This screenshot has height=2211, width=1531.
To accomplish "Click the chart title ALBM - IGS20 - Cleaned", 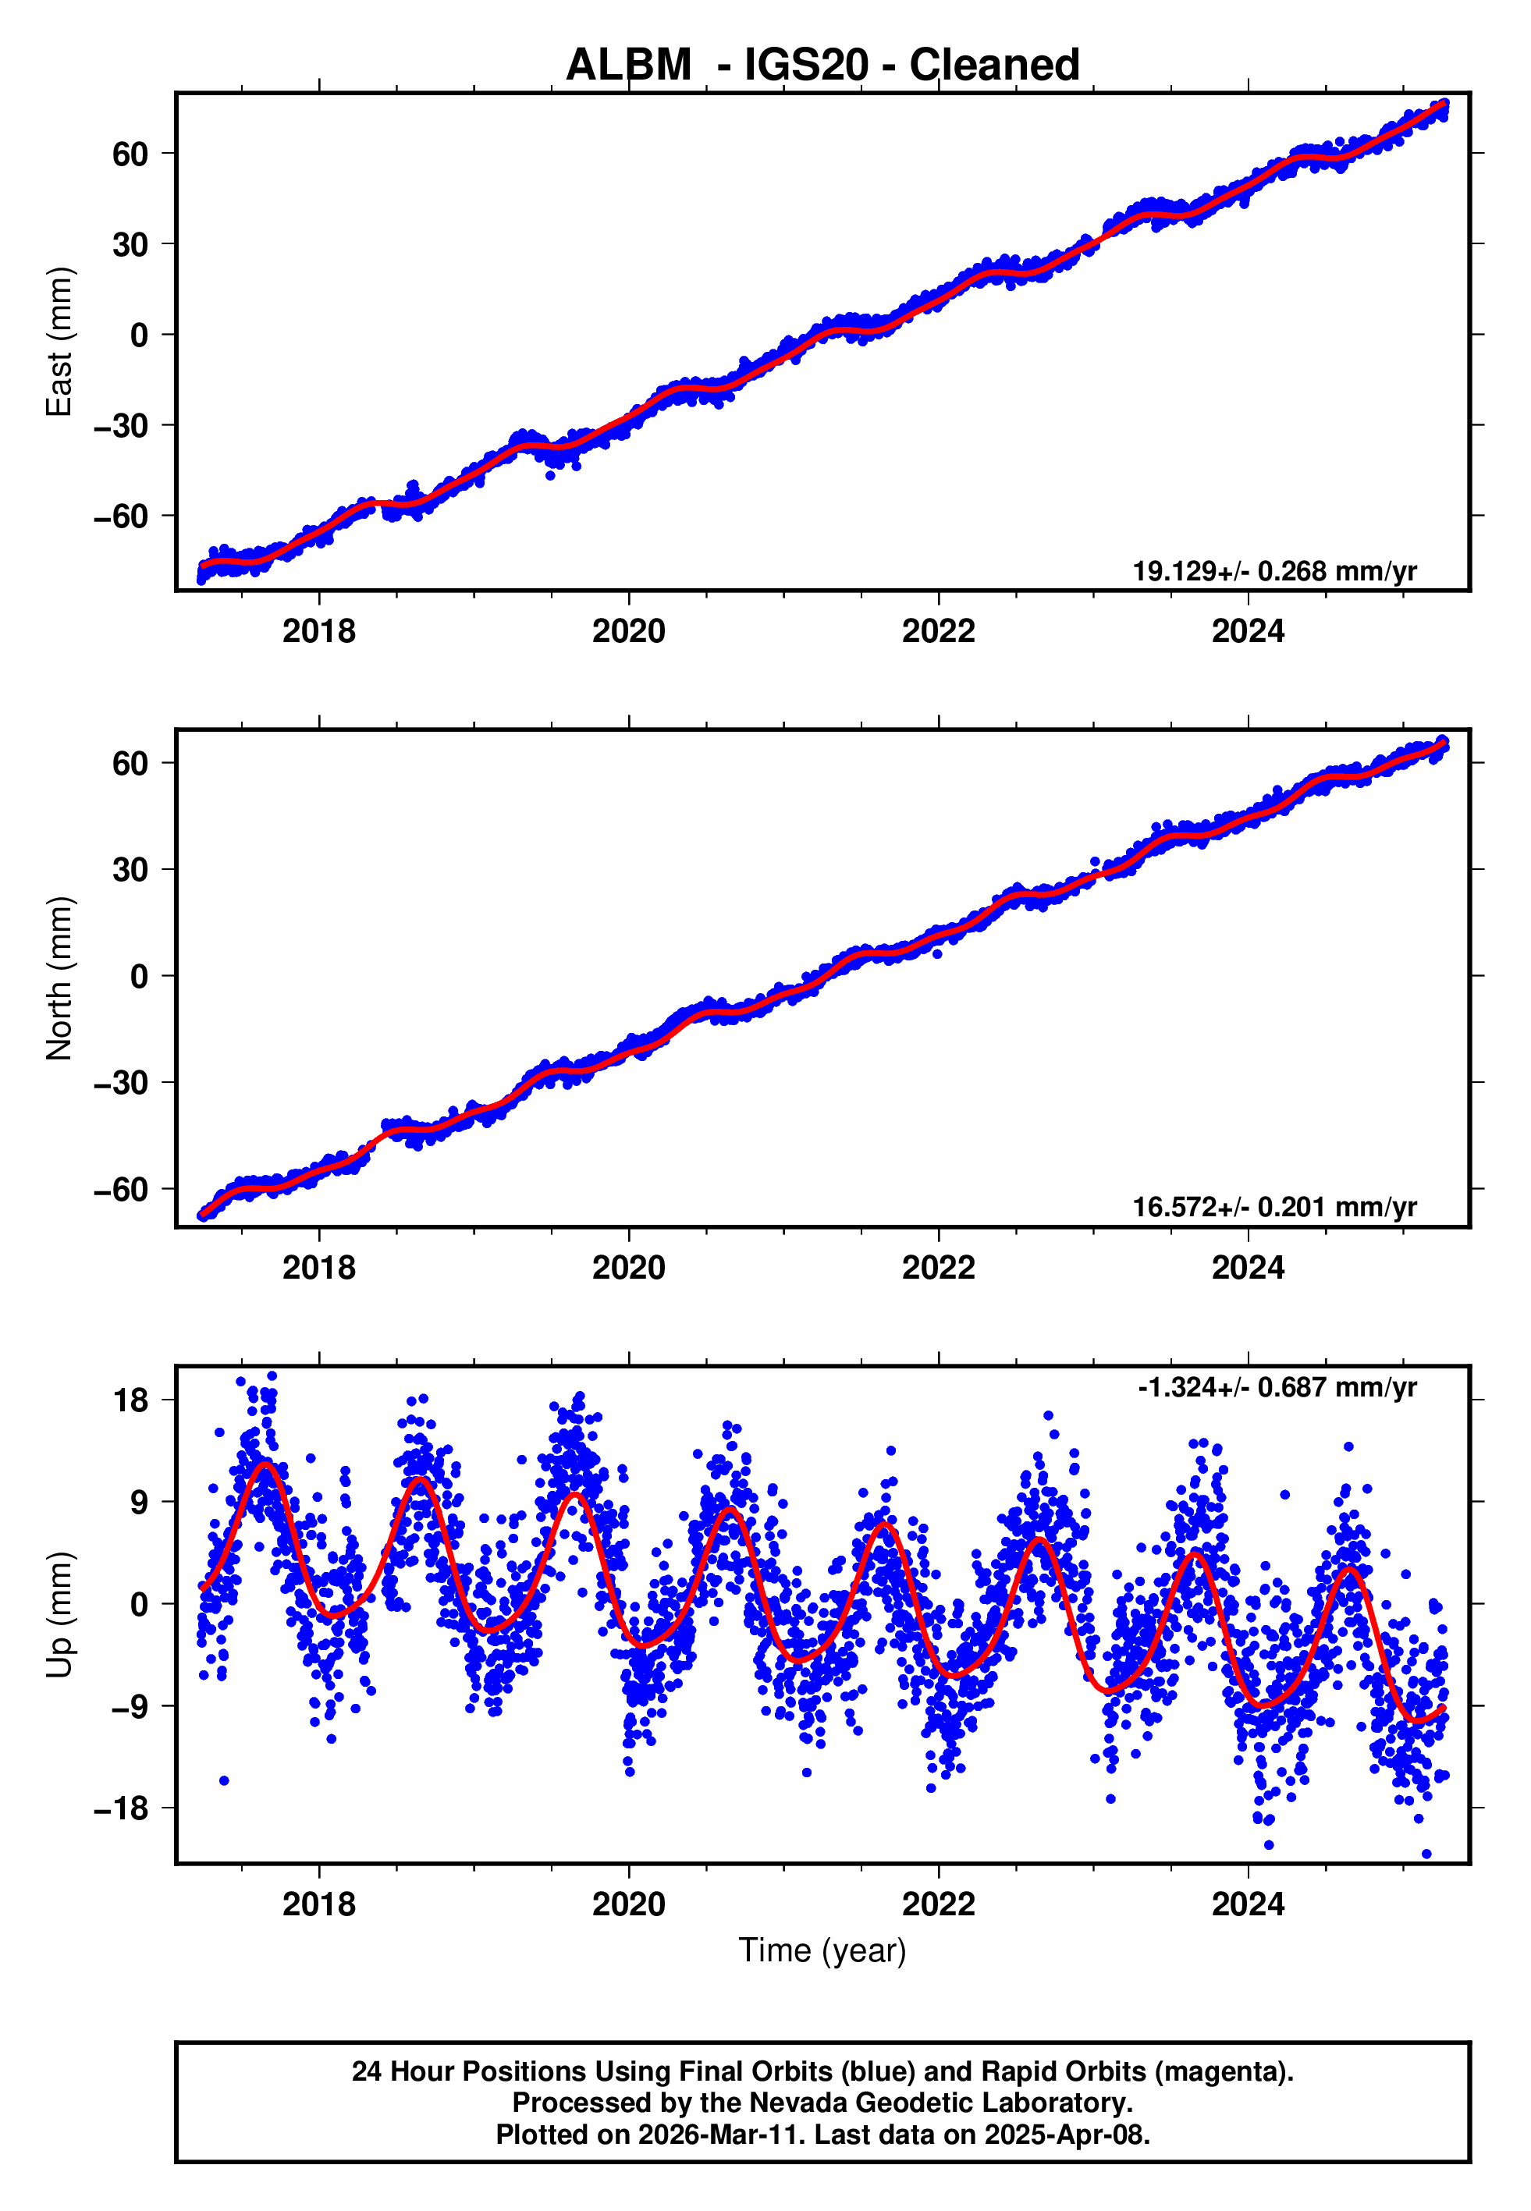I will tap(822, 66).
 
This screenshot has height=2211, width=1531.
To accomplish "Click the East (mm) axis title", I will tap(59, 342).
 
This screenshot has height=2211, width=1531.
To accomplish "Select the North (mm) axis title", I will tap(59, 978).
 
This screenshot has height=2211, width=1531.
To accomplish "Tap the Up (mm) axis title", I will tap(59, 1613).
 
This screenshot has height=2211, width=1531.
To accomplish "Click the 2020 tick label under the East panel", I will tap(628, 632).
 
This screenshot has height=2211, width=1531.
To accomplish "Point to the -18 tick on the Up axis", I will tap(122, 1808).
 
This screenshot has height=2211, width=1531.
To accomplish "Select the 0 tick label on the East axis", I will tap(140, 335).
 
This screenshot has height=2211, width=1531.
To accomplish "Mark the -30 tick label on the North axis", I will tap(122, 1084).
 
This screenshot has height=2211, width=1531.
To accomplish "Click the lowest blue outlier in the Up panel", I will tap(1426, 1854).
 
